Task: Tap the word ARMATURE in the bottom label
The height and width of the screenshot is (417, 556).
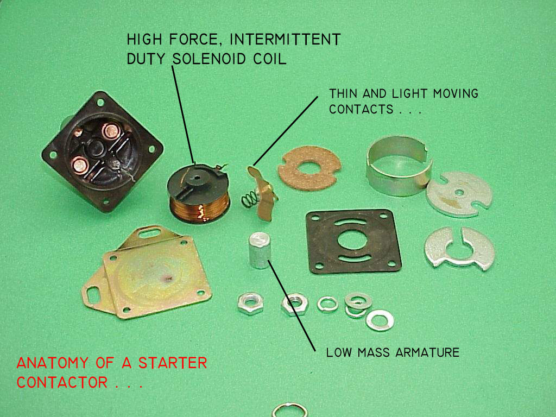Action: tap(427, 352)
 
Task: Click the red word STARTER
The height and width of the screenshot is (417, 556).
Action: tap(173, 363)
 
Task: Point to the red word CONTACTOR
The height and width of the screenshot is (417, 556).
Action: tap(62, 382)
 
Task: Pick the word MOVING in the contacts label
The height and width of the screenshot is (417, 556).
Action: tap(456, 93)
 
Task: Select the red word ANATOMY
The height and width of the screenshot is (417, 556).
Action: tap(53, 363)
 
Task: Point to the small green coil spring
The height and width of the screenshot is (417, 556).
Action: tap(250, 199)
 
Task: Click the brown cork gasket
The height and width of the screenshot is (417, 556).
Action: tap(309, 167)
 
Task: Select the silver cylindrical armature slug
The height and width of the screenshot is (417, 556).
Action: tap(260, 250)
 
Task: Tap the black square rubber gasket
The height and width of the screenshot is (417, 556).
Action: tap(353, 241)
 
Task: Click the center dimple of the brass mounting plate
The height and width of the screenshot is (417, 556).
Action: tap(167, 279)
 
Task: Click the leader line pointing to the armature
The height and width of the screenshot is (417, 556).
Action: tap(292, 306)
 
